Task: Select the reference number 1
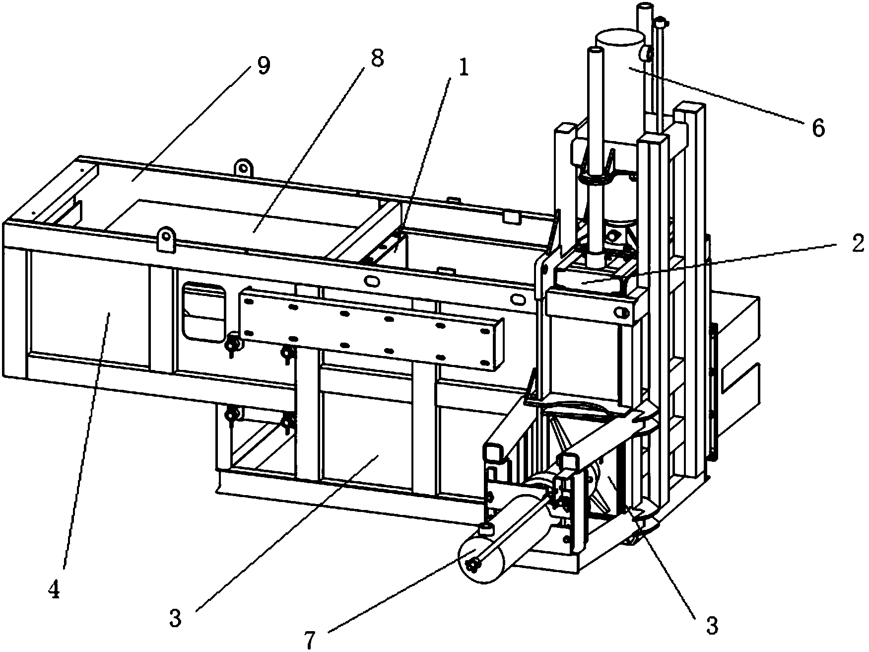point(464,69)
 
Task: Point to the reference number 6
point(817,128)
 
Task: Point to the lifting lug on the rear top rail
point(243,167)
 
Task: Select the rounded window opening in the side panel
point(203,312)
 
